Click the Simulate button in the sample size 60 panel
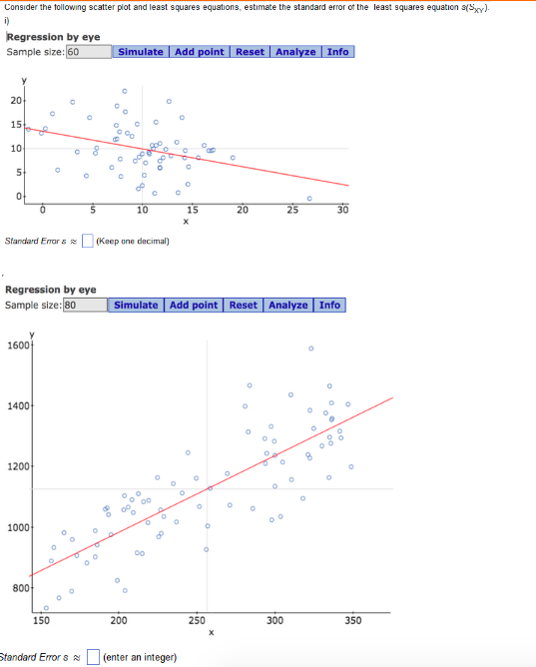[140, 52]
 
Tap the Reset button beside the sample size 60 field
[251, 52]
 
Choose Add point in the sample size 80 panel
[193, 305]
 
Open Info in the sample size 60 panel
[338, 52]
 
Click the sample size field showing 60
[88, 52]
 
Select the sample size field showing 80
[85, 305]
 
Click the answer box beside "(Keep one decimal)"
[88, 241]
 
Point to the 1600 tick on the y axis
[19, 344]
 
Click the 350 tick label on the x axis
[352, 620]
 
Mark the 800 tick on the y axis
[19, 588]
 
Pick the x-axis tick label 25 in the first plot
[292, 210]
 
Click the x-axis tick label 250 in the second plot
[197, 620]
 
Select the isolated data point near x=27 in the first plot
[308, 198]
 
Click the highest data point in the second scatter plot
[310, 348]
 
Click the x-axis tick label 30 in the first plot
[342, 210]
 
